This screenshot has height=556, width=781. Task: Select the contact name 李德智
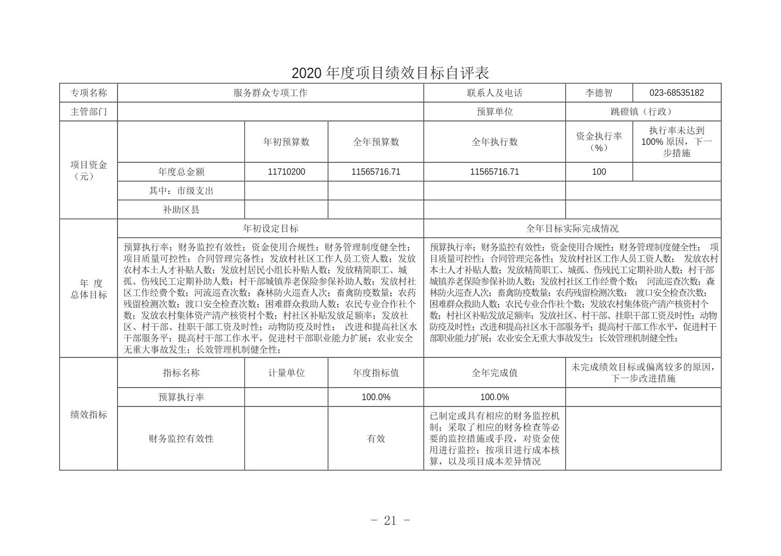[x=598, y=93]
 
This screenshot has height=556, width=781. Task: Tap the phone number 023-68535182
[x=677, y=93]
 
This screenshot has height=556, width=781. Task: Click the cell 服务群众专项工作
[x=270, y=93]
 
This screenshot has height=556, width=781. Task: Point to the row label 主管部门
[x=88, y=112]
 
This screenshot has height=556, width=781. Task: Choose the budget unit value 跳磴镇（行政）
[x=643, y=112]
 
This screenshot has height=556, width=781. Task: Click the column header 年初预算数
[x=286, y=142]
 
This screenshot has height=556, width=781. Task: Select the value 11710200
[x=286, y=172]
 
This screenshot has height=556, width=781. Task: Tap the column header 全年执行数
[x=494, y=142]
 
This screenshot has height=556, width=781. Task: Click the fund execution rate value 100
[x=598, y=172]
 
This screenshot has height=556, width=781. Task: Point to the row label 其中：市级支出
[x=181, y=191]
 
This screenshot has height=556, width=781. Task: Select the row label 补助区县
[x=181, y=209]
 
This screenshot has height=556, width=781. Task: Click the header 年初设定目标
[x=270, y=228]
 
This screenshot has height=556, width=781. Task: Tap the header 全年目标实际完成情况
[x=572, y=228]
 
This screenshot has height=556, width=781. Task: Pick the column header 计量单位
[x=286, y=373]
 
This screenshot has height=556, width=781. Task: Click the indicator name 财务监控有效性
[x=181, y=439]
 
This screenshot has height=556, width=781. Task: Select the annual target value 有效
[x=376, y=439]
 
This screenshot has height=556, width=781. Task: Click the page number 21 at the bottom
[x=390, y=520]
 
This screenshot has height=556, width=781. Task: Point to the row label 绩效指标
[x=88, y=414]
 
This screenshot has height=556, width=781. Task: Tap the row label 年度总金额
[x=181, y=172]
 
